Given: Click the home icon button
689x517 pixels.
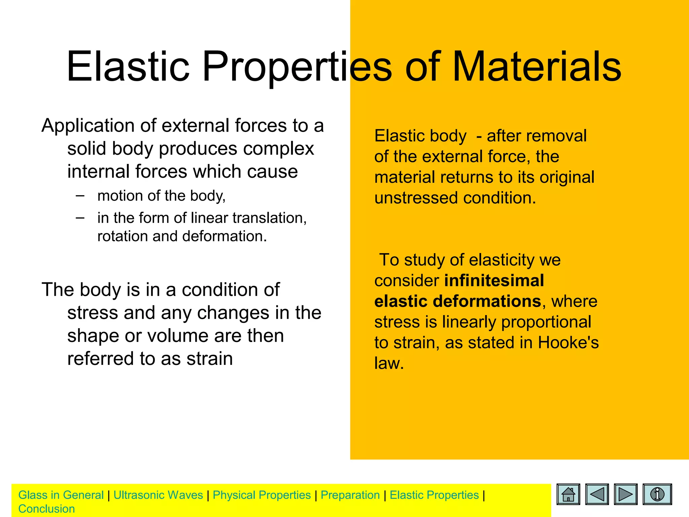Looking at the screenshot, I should click(x=568, y=494).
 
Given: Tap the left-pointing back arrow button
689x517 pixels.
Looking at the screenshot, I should click(x=597, y=494).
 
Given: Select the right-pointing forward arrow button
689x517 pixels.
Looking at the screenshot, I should click(x=625, y=494).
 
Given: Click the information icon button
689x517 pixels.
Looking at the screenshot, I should click(x=657, y=494).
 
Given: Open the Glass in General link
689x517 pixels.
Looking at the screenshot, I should click(x=61, y=495).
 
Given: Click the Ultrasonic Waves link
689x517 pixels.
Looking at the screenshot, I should click(x=158, y=495).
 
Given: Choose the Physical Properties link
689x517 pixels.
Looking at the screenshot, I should click(x=262, y=495).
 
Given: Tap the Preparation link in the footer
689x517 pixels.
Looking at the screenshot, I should click(x=350, y=495).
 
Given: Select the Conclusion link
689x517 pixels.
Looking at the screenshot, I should click(x=46, y=509).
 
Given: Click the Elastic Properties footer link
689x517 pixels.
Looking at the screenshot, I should click(x=434, y=495).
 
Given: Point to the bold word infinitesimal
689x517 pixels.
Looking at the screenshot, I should click(x=494, y=280).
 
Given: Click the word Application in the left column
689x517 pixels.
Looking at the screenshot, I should click(x=88, y=126).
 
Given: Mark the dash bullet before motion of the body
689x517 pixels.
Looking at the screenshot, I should click(x=80, y=195).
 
